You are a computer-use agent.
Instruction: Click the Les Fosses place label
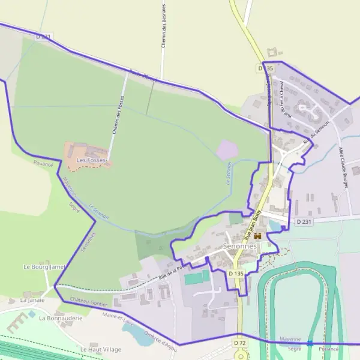tap(91, 161)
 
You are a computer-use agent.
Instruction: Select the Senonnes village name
tap(239, 246)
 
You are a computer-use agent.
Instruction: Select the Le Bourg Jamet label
tap(44, 266)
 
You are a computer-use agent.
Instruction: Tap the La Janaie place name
tap(32, 299)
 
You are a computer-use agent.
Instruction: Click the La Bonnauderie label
tap(60, 318)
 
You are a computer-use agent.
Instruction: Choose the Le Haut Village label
tap(101, 349)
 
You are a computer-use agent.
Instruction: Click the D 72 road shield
tap(240, 343)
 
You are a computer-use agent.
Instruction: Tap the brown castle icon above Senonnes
tap(259, 236)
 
